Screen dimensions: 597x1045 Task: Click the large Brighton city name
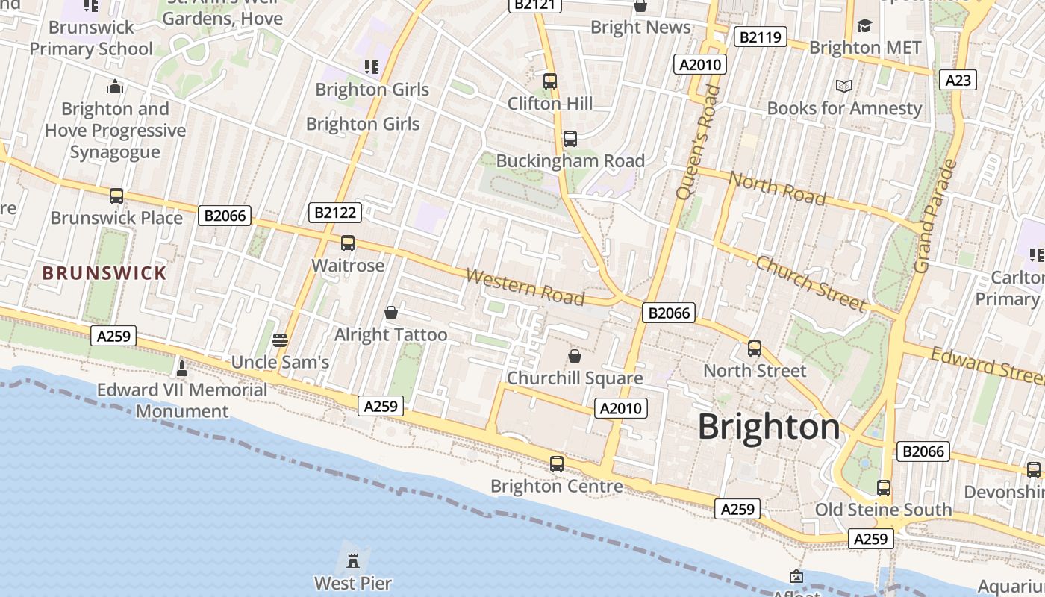[769, 427]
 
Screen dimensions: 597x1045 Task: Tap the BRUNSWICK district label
[104, 273]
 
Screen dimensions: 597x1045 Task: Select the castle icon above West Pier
[353, 560]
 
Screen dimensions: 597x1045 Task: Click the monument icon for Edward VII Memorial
[181, 367]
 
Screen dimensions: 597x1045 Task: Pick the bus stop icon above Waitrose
[348, 243]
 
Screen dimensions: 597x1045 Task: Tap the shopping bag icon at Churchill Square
[575, 356]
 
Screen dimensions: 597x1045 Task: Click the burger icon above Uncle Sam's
[280, 340]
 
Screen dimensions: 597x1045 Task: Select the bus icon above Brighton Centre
[557, 464]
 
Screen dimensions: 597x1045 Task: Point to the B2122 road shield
[335, 213]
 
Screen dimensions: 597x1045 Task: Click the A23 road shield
[958, 80]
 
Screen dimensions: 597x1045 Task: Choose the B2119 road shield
[761, 37]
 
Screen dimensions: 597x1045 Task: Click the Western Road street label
[525, 287]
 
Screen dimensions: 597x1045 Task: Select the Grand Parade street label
[934, 216]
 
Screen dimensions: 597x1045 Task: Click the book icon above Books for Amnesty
[844, 87]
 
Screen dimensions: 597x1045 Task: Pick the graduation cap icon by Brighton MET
[865, 26]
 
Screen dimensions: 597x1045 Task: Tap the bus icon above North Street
[755, 348]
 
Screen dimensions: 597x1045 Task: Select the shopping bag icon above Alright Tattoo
[390, 313]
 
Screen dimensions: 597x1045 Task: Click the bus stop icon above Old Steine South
[884, 488]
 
